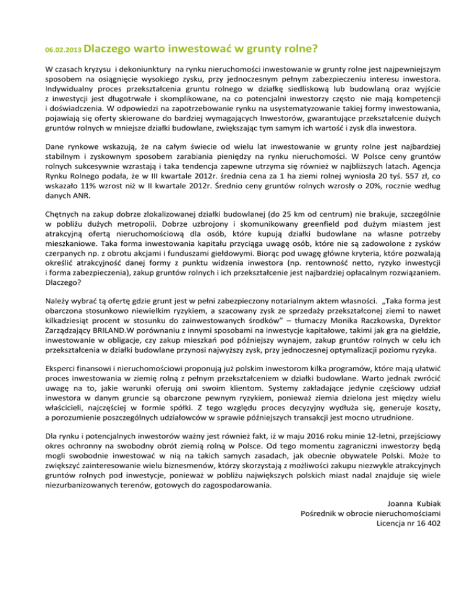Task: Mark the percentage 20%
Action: (x=359, y=184)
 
